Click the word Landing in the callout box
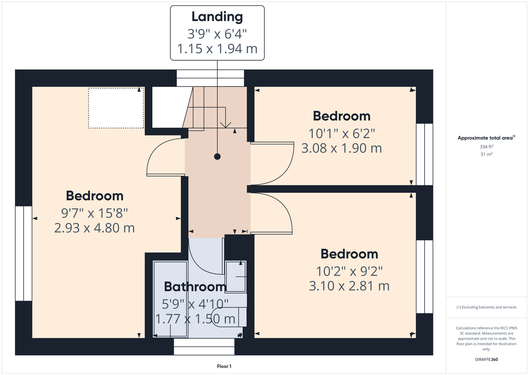tap(217, 17)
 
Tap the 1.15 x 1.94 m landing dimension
tap(217, 49)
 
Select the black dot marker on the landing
tap(217, 156)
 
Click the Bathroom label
tap(195, 286)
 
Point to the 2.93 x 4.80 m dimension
tap(94, 228)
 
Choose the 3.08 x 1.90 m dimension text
tap(341, 148)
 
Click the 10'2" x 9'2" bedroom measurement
tap(349, 271)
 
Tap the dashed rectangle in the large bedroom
tap(116, 108)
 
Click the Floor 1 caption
tap(224, 366)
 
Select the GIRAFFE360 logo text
tap(486, 359)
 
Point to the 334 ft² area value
tap(486, 147)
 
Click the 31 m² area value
tap(486, 154)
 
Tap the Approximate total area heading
tap(486, 138)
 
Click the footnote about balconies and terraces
tap(486, 307)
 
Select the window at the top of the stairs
tap(210, 78)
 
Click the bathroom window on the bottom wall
tap(204, 346)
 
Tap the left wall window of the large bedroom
tap(24, 253)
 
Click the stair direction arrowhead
tap(225, 125)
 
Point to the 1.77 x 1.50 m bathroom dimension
tap(195, 319)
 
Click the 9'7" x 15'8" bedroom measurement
tap(94, 213)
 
